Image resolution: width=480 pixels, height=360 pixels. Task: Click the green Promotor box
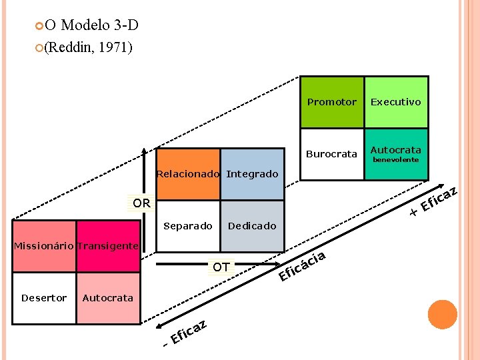(331, 103)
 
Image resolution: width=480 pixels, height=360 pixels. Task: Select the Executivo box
(396, 103)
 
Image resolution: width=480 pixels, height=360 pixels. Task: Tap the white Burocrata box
(331, 154)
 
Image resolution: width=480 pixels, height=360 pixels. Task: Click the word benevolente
(395, 160)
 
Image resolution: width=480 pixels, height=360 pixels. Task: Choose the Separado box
(187, 226)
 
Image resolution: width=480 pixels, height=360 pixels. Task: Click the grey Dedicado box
(252, 226)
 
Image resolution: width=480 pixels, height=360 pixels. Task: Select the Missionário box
(44, 246)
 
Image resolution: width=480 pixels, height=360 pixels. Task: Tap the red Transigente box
(107, 246)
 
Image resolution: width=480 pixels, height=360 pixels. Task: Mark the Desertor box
(44, 298)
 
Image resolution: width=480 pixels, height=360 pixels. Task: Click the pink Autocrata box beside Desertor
(107, 298)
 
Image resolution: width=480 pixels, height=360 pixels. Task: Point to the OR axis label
(141, 202)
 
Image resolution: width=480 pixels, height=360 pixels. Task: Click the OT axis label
(221, 267)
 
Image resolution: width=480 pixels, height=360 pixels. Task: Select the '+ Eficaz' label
(433, 202)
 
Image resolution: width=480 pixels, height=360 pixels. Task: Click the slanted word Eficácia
(302, 265)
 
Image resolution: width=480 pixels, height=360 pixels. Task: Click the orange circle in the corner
(442, 315)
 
